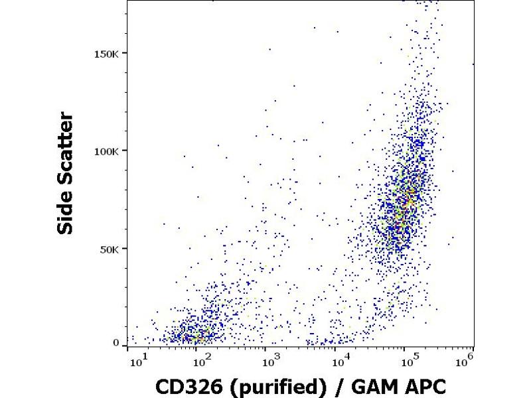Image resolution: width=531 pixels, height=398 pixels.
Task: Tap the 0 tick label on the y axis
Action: click(116, 343)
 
